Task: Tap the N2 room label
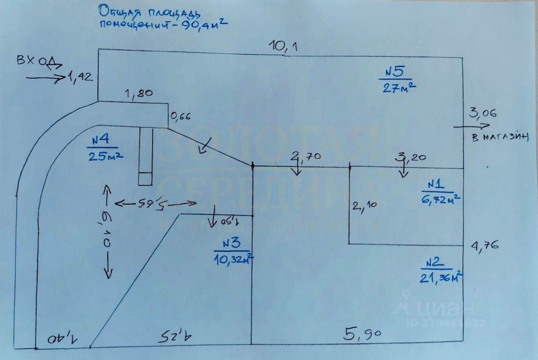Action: pyautogui.click(x=435, y=263)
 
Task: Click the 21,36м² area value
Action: pyautogui.click(x=441, y=278)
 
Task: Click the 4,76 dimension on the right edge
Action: pyautogui.click(x=485, y=244)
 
